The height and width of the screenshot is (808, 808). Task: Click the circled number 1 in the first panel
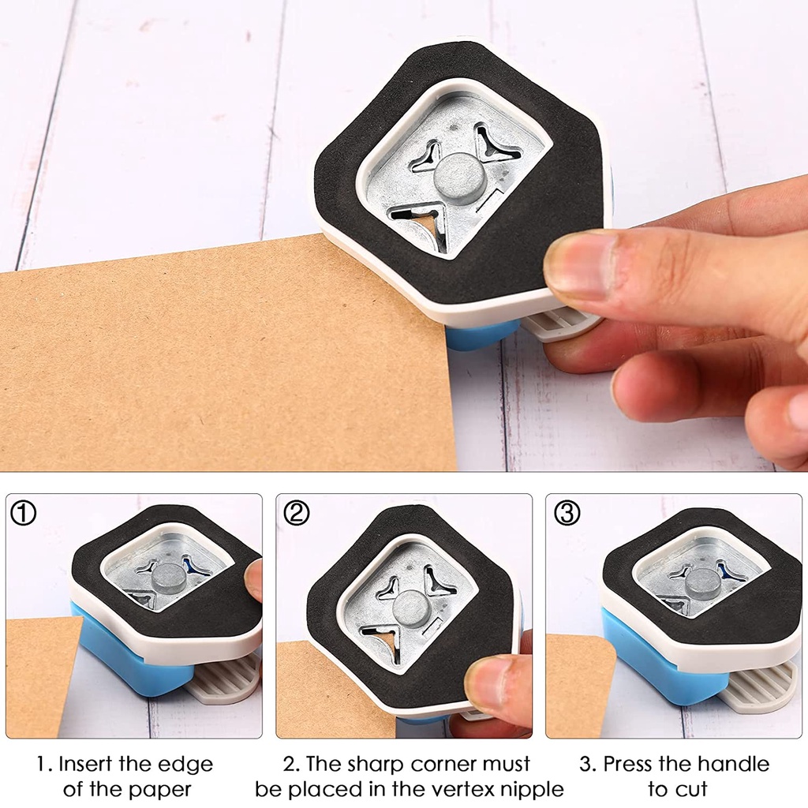click(x=24, y=513)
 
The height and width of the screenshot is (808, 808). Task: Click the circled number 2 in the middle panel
click(x=297, y=513)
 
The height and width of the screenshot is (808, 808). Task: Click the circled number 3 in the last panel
click(x=567, y=513)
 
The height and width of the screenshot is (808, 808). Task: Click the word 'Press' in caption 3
click(x=630, y=764)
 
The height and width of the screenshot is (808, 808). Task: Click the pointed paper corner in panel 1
click(x=83, y=618)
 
